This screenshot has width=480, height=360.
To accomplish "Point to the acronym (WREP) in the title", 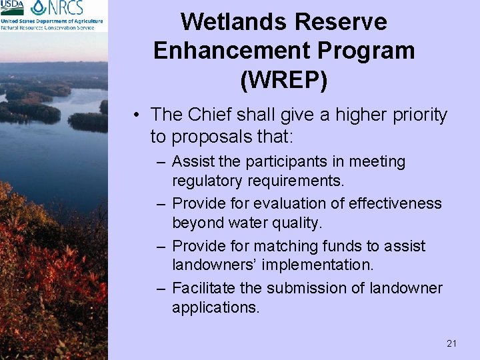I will [283, 79].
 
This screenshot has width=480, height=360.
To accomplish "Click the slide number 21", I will [451, 343].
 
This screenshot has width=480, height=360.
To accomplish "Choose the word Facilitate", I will [201, 288].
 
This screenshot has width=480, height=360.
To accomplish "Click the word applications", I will [215, 307].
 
